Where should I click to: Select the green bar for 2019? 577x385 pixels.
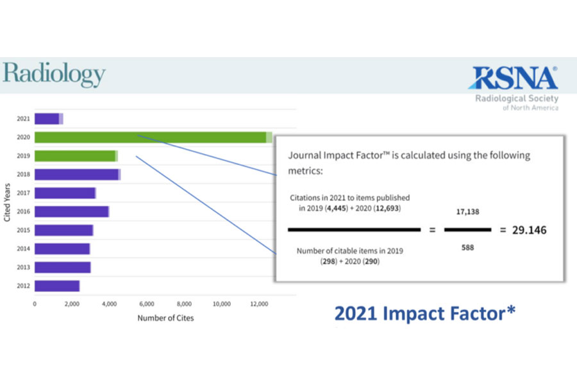[x=76, y=156]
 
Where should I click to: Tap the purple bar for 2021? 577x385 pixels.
[x=48, y=119]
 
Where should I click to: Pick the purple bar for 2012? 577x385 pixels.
[x=56, y=286]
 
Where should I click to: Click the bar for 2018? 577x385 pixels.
[x=77, y=175]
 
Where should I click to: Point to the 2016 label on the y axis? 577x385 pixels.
[x=23, y=212]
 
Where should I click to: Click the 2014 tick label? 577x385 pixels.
[x=23, y=249]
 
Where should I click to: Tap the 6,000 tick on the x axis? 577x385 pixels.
[x=146, y=304]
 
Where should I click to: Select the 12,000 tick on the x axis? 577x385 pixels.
[x=259, y=304]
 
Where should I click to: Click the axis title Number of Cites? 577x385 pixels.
[x=165, y=318]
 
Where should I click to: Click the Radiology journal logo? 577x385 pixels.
[x=53, y=75]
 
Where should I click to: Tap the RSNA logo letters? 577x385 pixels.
[x=512, y=78]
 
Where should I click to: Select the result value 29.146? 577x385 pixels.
[x=529, y=230]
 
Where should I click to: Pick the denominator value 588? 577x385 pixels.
[x=467, y=247]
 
